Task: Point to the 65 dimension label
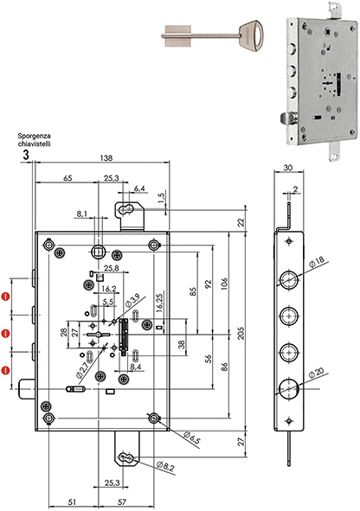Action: click(x=67, y=179)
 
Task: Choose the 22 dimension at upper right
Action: click(x=241, y=223)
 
